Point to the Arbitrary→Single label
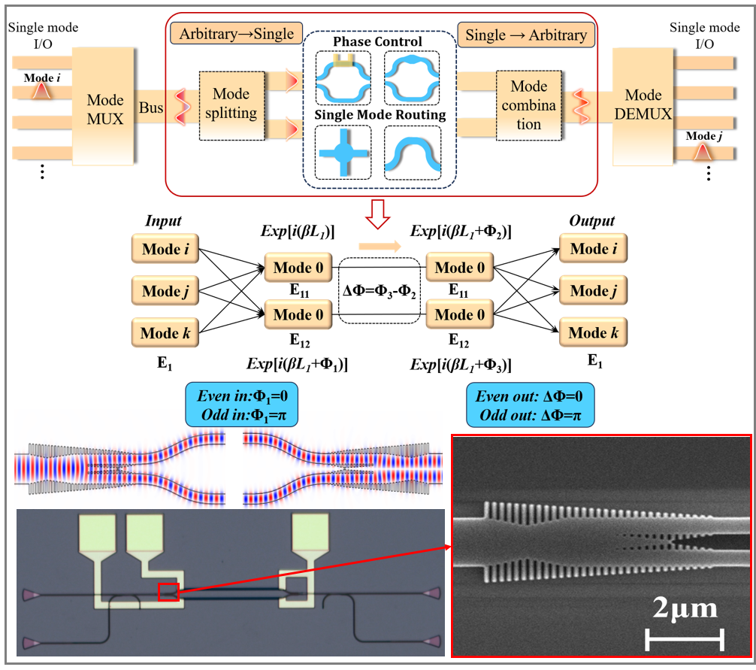(x=236, y=35)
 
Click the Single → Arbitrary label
(x=526, y=35)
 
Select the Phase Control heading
(x=378, y=41)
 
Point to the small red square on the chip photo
(x=168, y=593)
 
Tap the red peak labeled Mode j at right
(x=702, y=153)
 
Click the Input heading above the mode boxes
(x=163, y=221)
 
